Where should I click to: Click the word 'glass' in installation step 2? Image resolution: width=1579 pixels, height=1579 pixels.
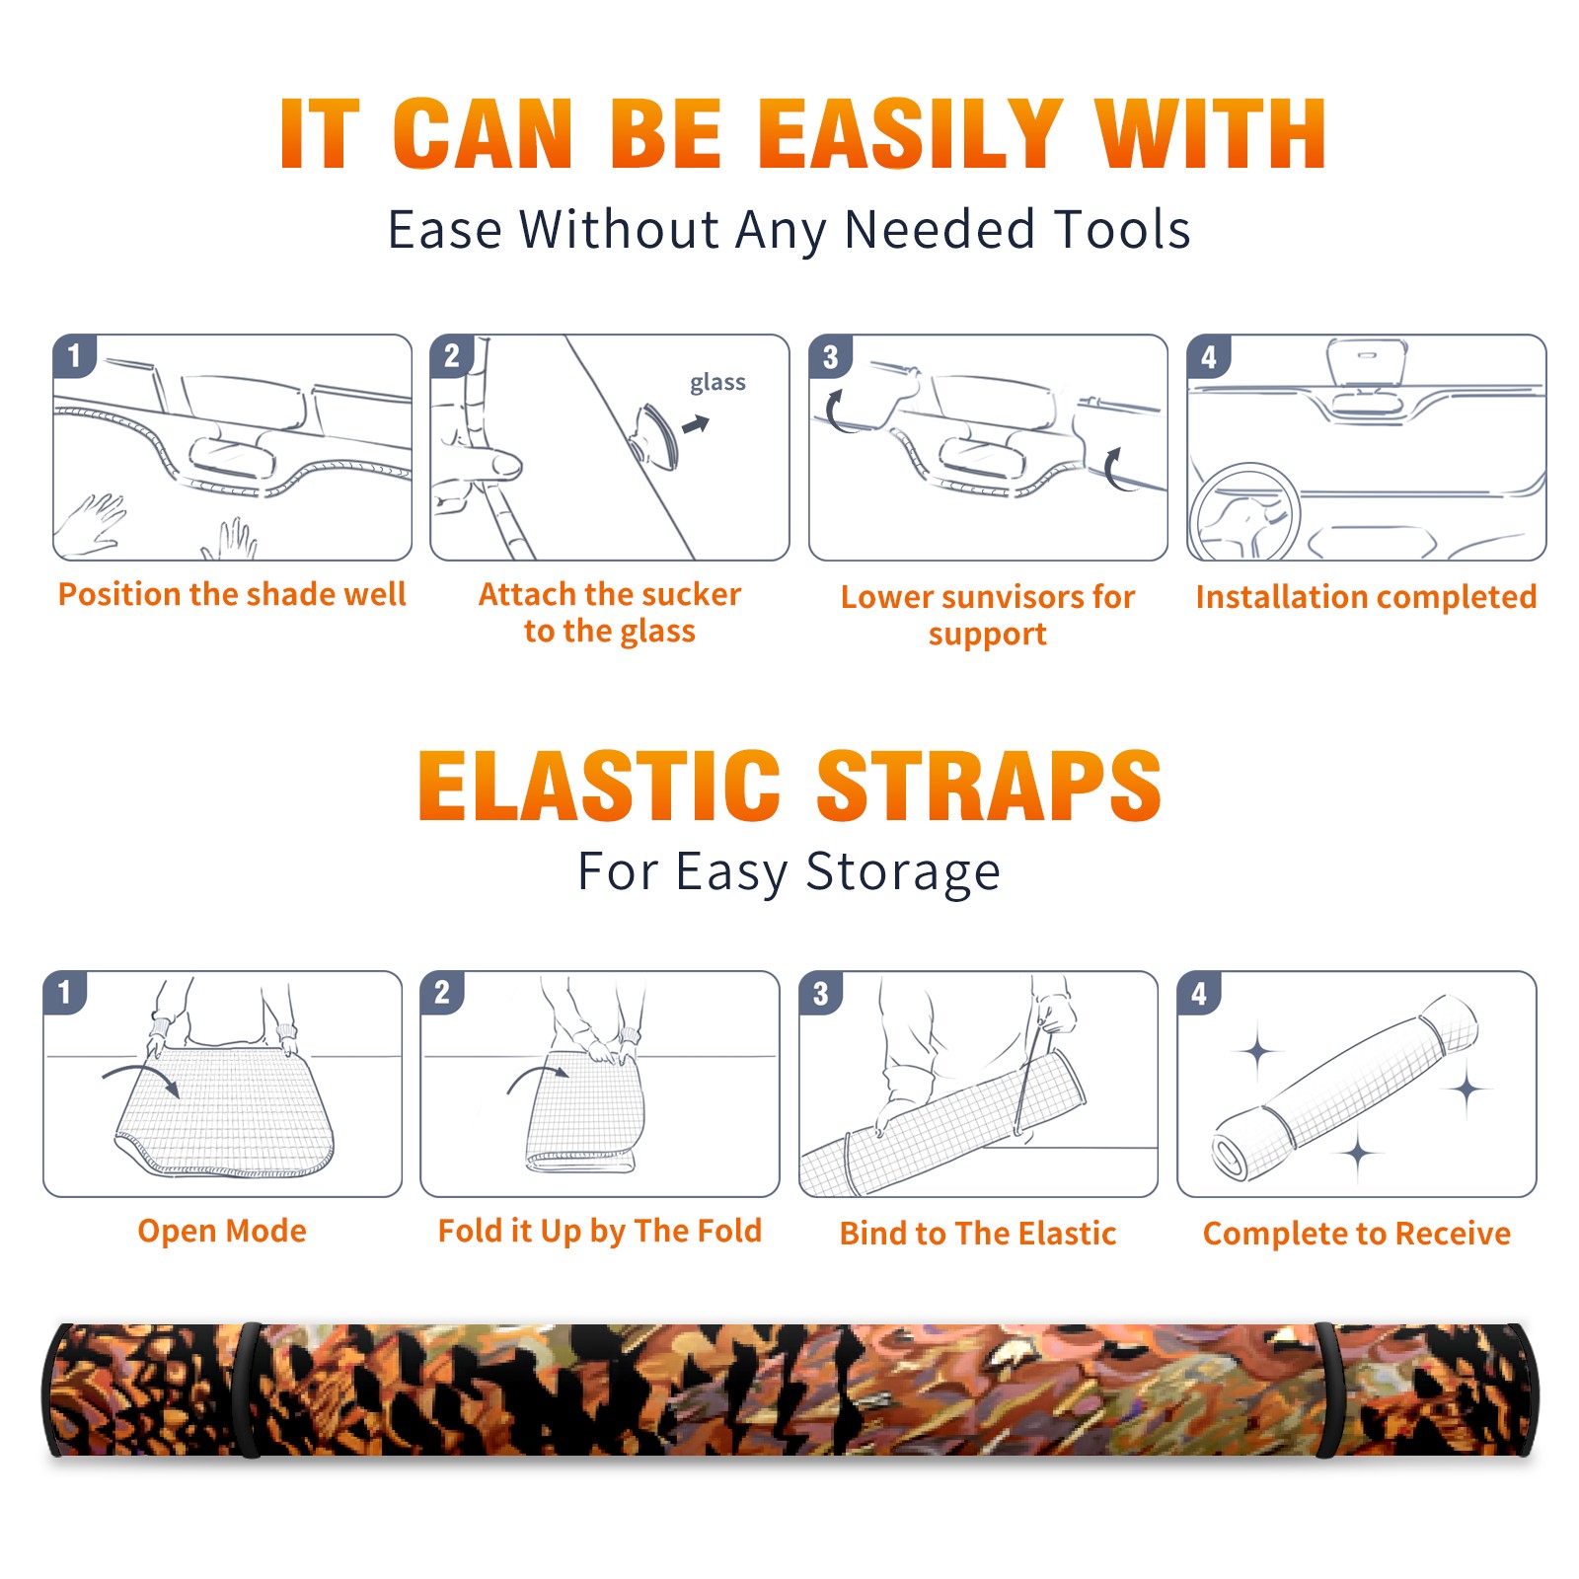[x=717, y=383]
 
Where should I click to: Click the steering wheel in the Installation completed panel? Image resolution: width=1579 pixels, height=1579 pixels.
[x=1243, y=513]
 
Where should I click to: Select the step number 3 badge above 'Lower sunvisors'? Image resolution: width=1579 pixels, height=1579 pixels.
[x=830, y=356]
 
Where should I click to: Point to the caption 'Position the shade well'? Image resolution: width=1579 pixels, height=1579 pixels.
[x=232, y=594]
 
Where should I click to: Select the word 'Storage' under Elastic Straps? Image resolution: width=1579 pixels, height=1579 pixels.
[x=903, y=872]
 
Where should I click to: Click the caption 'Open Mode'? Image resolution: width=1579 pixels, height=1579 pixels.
[x=222, y=1231]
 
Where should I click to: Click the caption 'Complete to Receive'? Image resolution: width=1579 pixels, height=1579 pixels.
[x=1357, y=1234]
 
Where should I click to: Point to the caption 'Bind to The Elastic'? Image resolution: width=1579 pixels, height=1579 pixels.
[x=978, y=1234]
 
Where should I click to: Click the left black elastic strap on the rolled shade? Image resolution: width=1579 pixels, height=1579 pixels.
[x=249, y=1390]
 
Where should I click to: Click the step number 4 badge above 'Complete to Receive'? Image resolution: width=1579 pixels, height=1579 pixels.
[x=1199, y=993]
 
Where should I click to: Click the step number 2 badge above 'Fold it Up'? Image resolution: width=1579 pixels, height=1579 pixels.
[x=442, y=993]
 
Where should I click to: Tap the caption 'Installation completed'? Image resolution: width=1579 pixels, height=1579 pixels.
[x=1366, y=597]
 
